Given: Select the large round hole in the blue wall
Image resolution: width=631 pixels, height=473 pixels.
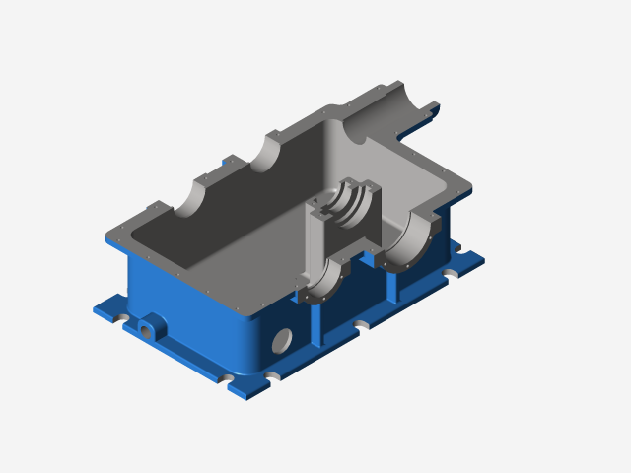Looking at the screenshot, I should pos(281,341).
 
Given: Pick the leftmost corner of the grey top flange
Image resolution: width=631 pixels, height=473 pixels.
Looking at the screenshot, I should pos(106,236).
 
